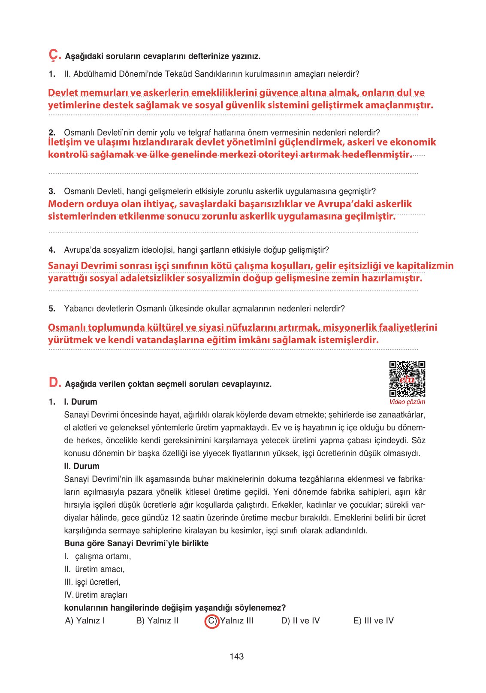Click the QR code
(x=407, y=379)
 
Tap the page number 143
(x=237, y=656)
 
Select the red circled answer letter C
(x=212, y=621)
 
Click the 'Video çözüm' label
(x=407, y=402)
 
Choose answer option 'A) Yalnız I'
(x=85, y=621)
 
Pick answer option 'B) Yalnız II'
(x=157, y=621)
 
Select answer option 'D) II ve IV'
(x=300, y=621)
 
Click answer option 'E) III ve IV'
(x=373, y=621)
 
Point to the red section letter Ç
(x=54, y=55)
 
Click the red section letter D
(x=54, y=382)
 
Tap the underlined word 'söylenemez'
(x=258, y=608)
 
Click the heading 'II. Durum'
(x=82, y=466)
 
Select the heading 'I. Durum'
(x=81, y=402)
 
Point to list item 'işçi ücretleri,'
(x=98, y=582)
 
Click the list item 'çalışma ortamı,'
(x=103, y=556)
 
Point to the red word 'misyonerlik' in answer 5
(x=350, y=327)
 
